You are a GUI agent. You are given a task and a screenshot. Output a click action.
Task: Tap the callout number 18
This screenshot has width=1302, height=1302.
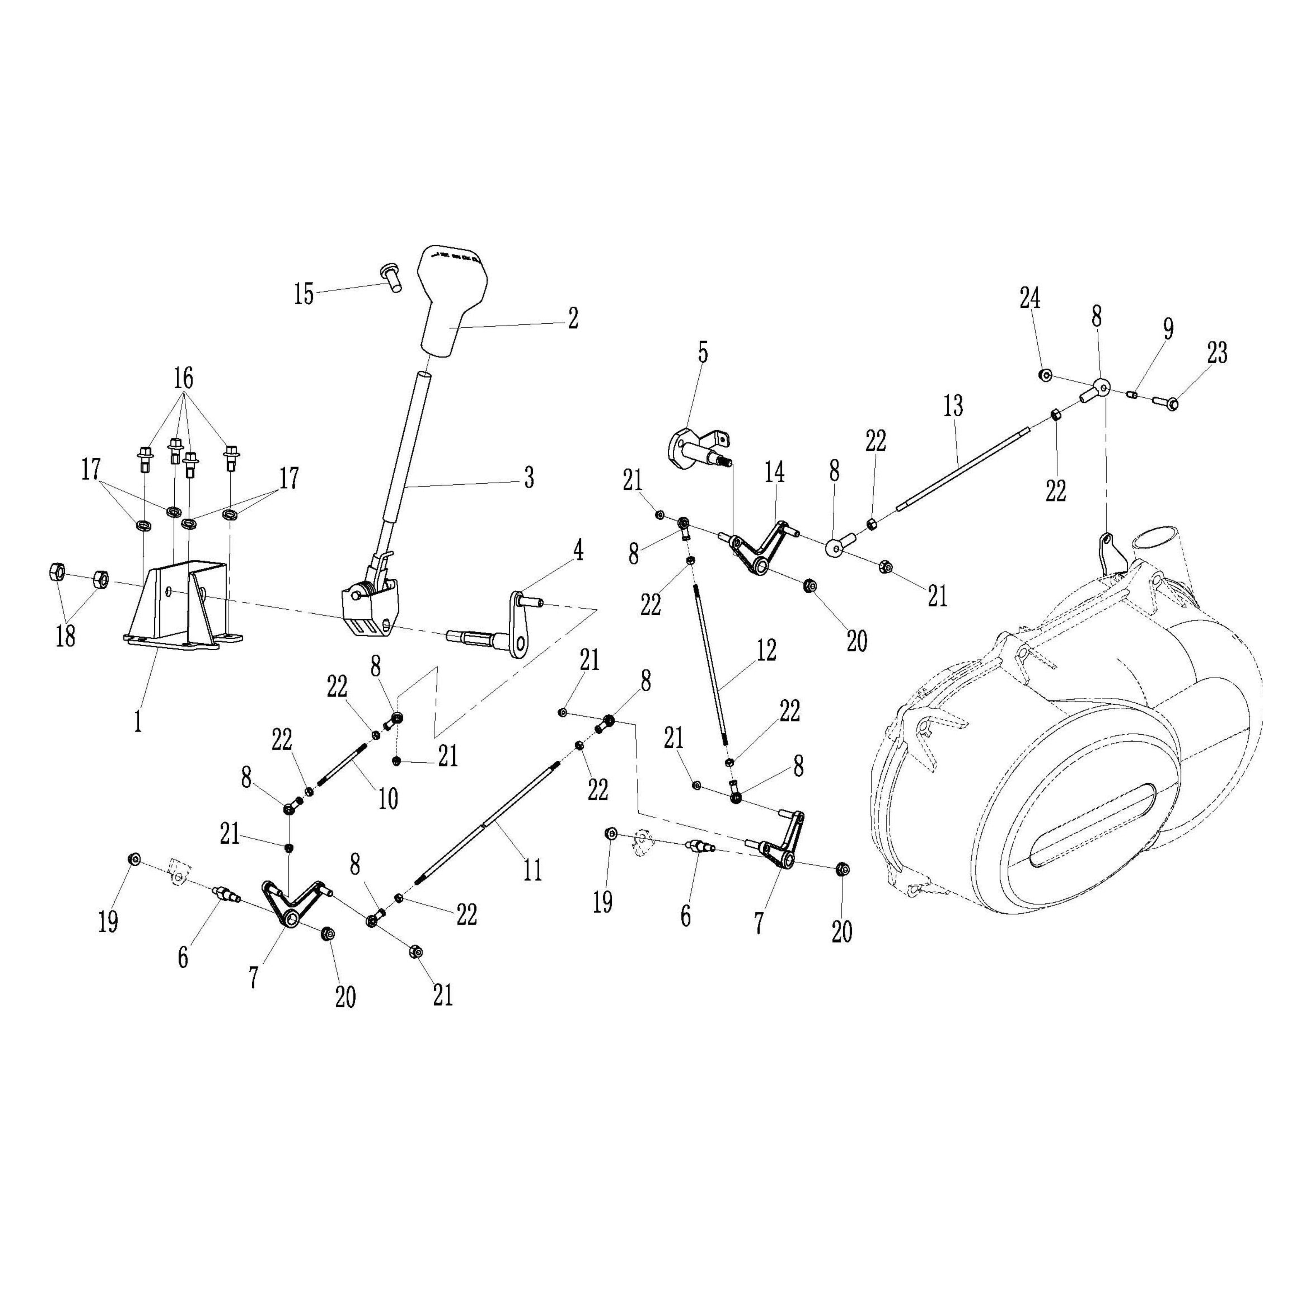pyautogui.click(x=65, y=636)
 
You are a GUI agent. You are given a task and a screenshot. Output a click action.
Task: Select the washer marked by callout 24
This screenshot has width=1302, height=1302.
pyautogui.click(x=1045, y=375)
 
